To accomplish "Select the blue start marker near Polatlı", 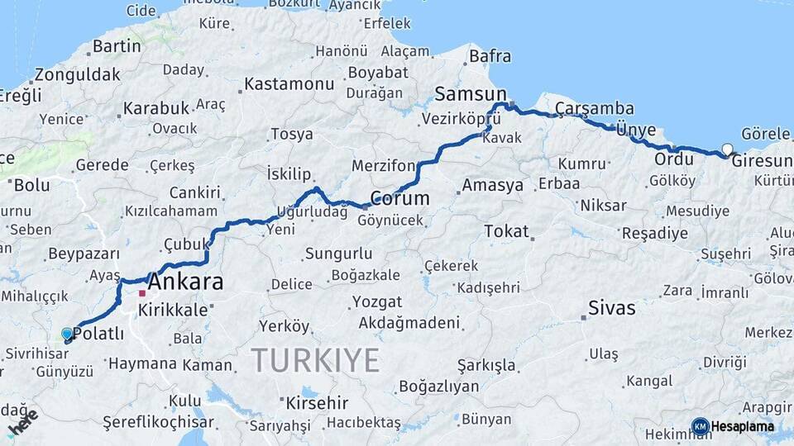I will coord(67,334).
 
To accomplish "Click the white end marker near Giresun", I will coord(727,149).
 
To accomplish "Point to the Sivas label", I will coord(612,309).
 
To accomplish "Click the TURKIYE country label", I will coord(315,360).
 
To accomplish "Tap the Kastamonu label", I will coord(289,84).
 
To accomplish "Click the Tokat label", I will coord(506,230).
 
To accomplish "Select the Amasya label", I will coord(493,185).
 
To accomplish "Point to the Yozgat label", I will coord(377,301).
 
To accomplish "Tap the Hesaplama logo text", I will coord(742,427).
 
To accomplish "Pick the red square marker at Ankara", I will coord(142,293).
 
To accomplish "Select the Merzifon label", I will coord(383,165).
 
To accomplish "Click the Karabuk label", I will coord(156,108).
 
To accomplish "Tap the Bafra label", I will coord(490,57).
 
